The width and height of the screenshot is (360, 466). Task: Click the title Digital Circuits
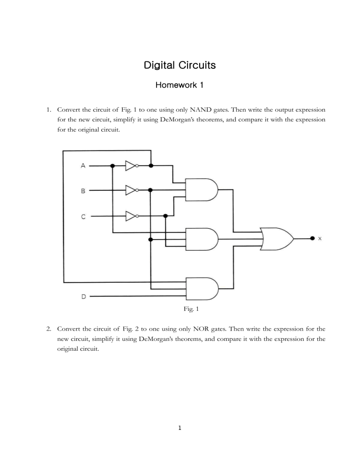pos(180,65)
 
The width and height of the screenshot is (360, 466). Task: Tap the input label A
pos(83,165)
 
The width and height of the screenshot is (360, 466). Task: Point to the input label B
pos(83,191)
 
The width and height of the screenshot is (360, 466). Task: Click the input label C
pos(83,216)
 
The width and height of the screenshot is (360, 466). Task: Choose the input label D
pos(83,296)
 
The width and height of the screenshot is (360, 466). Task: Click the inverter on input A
pos(131,165)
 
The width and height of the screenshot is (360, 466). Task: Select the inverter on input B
pos(131,190)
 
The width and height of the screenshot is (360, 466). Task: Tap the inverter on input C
pos(131,216)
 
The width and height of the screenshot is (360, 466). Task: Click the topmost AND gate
pos(202,189)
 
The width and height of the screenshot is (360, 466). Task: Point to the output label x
pos(320,239)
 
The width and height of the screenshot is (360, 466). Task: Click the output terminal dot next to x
pos(312,238)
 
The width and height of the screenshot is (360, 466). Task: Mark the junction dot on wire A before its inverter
pos(112,165)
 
